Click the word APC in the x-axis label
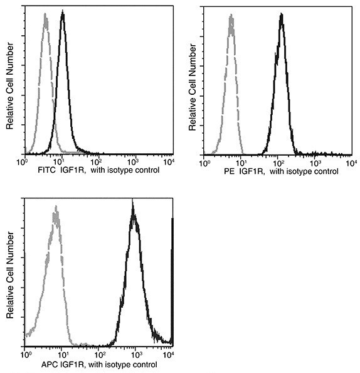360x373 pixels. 31,364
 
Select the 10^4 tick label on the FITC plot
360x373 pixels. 169,162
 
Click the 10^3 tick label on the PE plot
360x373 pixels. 313,162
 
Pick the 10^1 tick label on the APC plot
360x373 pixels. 61,355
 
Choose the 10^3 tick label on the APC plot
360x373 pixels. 134,355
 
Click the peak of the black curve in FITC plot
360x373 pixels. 62,13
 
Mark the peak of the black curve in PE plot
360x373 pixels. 282,14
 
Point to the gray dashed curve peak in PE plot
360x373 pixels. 231,16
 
